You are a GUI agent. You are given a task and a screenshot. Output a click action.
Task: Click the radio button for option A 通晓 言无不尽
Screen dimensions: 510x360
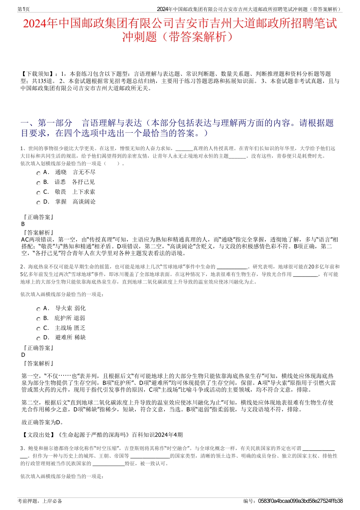[38, 173]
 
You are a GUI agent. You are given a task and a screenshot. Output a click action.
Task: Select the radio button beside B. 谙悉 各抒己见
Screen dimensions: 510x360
[38, 183]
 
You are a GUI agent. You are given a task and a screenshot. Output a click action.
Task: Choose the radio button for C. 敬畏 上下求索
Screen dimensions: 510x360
[38, 193]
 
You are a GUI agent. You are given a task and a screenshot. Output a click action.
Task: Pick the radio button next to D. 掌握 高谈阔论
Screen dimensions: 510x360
[38, 203]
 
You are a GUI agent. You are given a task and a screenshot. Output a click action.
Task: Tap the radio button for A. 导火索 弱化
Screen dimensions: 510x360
[38, 309]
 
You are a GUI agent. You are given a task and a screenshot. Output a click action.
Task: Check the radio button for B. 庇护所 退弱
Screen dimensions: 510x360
[38, 319]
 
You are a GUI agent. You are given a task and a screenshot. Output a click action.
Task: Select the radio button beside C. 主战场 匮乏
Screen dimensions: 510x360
[38, 329]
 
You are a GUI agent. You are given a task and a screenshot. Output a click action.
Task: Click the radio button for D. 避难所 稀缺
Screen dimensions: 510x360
[38, 339]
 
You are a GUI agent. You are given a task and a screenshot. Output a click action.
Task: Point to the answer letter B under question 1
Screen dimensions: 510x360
[23, 224]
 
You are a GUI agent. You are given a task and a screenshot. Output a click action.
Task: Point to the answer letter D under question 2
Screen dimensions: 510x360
[23, 355]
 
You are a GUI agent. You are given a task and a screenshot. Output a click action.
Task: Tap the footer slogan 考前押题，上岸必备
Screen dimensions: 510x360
[40, 501]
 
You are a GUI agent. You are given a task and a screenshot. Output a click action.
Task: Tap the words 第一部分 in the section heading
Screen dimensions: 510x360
[55, 123]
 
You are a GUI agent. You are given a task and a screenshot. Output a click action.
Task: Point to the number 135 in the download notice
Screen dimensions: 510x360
[44, 81]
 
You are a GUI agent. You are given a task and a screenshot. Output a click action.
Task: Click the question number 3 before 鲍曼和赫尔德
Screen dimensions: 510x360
[22, 448]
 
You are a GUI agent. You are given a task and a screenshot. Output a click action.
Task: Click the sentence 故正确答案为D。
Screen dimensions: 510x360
[42, 422]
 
